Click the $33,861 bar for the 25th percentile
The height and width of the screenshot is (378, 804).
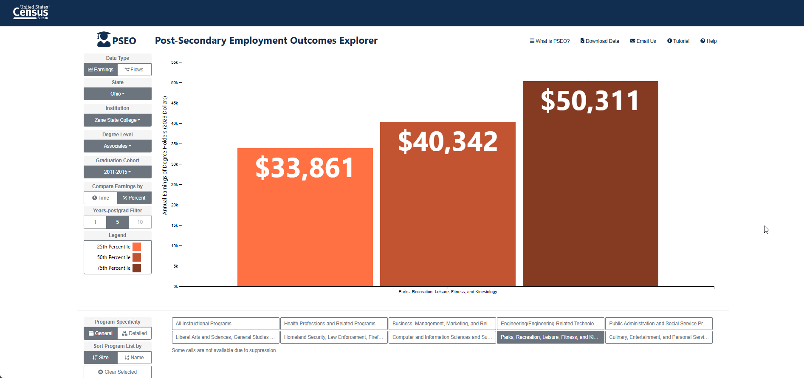(x=305, y=217)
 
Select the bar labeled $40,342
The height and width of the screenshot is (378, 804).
(x=448, y=204)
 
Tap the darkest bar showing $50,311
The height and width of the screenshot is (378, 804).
(x=590, y=183)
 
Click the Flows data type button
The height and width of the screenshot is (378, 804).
(x=134, y=70)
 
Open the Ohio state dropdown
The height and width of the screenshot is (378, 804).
(x=118, y=94)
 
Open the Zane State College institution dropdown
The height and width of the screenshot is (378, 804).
(x=118, y=120)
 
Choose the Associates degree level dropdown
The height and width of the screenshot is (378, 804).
(x=118, y=146)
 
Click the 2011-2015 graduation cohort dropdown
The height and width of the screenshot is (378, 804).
(x=118, y=172)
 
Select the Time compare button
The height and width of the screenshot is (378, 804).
(x=101, y=198)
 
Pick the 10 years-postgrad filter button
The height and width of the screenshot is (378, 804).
(x=140, y=222)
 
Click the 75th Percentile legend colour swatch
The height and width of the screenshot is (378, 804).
(x=137, y=268)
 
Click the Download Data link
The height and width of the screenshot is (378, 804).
(x=600, y=41)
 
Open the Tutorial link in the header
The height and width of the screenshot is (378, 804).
(x=678, y=41)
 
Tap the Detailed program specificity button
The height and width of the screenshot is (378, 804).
(x=135, y=333)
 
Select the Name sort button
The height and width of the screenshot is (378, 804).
(x=135, y=358)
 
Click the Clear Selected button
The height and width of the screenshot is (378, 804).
(x=118, y=372)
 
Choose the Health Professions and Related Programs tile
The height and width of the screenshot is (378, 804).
(x=334, y=324)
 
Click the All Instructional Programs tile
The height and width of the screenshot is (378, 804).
(x=226, y=324)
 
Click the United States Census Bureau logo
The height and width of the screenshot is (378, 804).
(x=31, y=12)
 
